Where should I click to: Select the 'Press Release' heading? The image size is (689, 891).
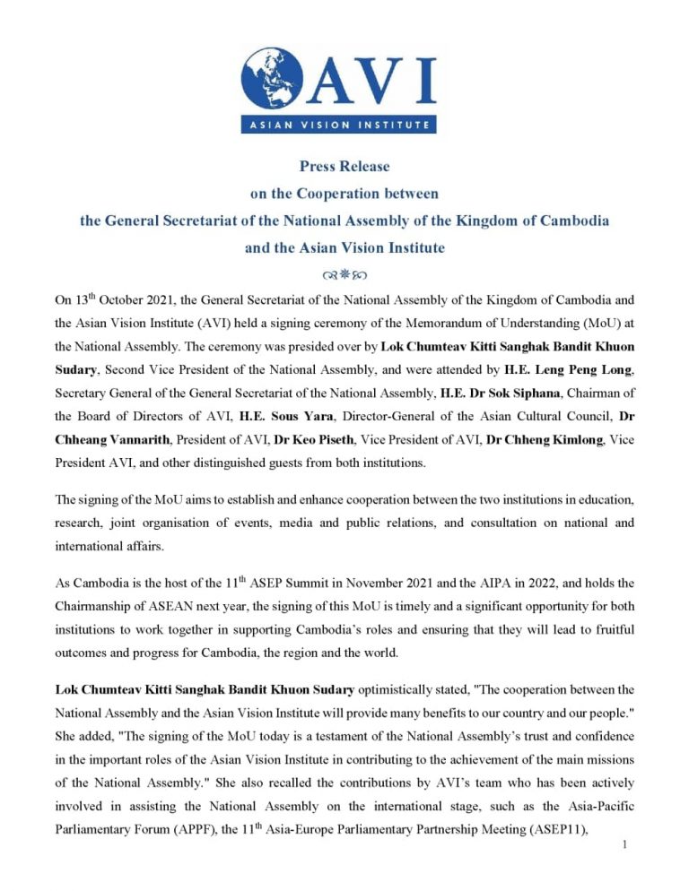[x=344, y=166]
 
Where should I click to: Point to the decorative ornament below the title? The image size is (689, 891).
[x=344, y=269]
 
